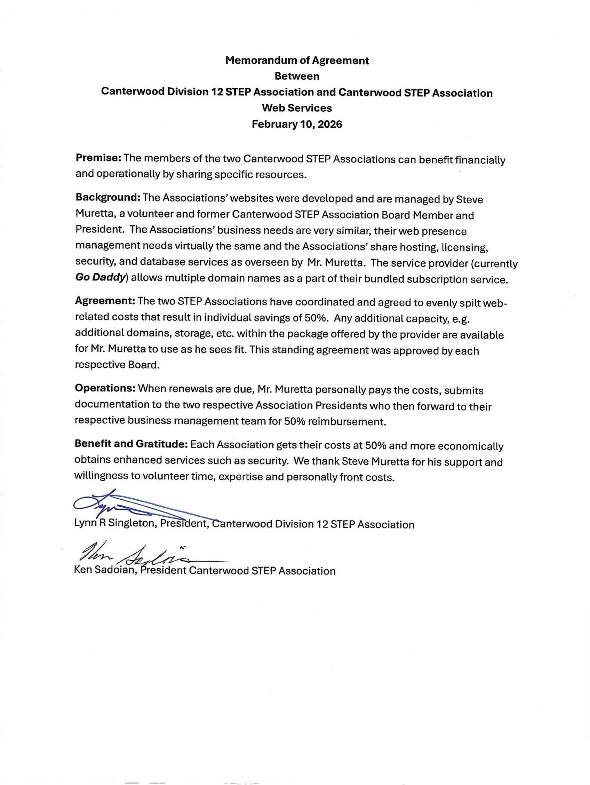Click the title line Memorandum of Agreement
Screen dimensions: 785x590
click(x=297, y=61)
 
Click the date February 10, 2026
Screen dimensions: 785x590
click(x=297, y=124)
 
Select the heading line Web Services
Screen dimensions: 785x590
click(x=297, y=108)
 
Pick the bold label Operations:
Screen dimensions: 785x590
click(x=105, y=388)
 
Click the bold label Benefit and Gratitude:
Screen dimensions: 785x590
click(x=131, y=444)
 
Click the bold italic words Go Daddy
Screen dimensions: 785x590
click(x=101, y=278)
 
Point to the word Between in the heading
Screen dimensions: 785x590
click(x=297, y=76)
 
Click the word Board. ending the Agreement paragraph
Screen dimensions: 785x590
click(x=144, y=365)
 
